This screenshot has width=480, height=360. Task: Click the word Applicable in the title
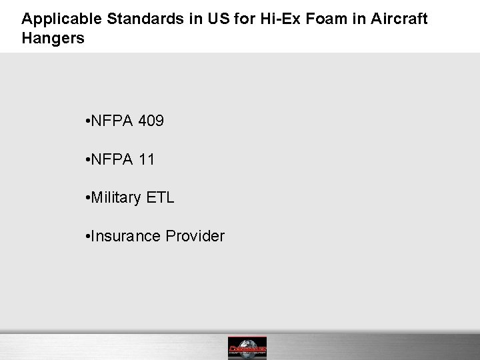(x=57, y=19)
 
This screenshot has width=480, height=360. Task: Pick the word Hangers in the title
(x=53, y=38)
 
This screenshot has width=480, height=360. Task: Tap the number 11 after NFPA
(x=148, y=159)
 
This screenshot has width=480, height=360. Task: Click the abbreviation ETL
(x=161, y=198)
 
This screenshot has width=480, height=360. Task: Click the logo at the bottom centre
(x=247, y=347)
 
